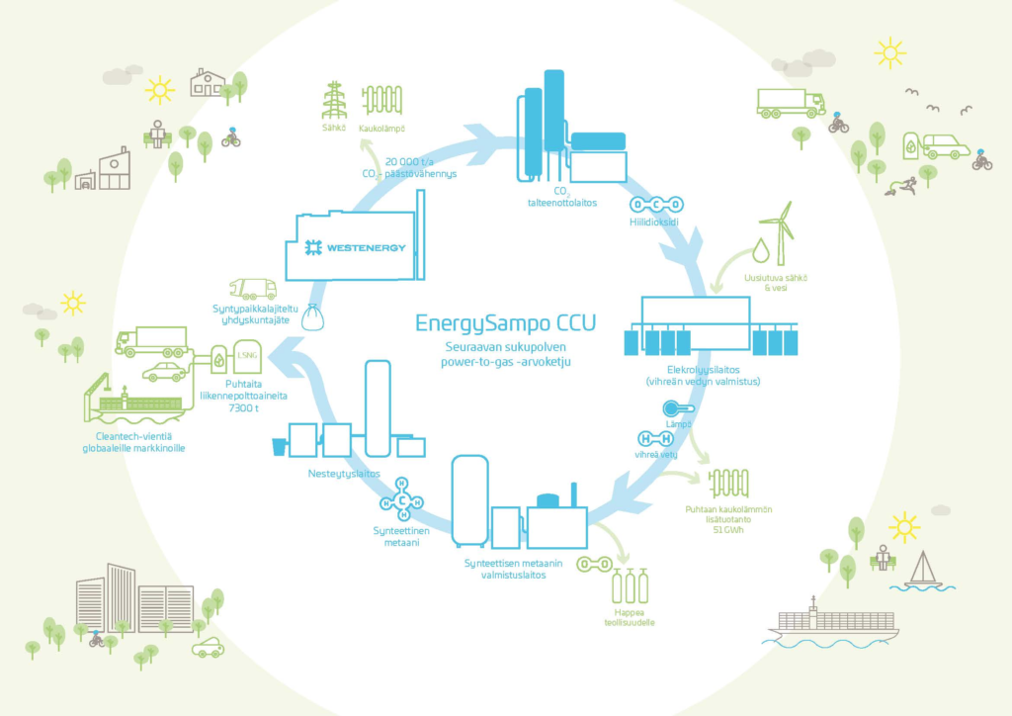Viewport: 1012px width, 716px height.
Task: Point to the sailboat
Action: pos(922,572)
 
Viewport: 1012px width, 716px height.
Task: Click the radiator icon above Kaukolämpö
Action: pos(381,102)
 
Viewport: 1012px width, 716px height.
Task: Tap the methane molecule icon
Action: pos(403,499)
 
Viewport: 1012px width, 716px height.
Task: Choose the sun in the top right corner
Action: pos(889,52)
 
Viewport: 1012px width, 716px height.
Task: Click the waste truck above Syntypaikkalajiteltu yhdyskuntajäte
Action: pos(252,289)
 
